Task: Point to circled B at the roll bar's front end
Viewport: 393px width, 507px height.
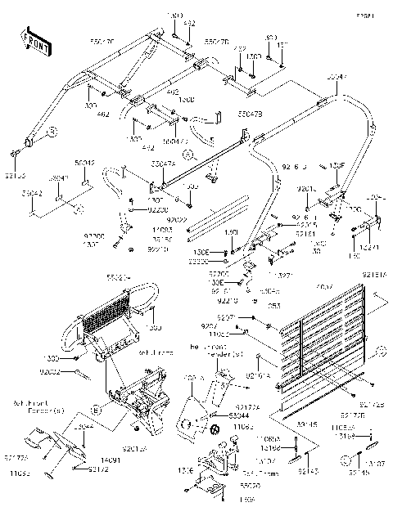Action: (x=51, y=131)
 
